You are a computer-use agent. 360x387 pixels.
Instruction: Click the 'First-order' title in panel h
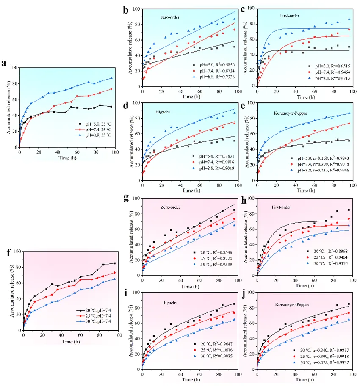point(280,207)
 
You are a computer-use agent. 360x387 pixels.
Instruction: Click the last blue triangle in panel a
point(112,78)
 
